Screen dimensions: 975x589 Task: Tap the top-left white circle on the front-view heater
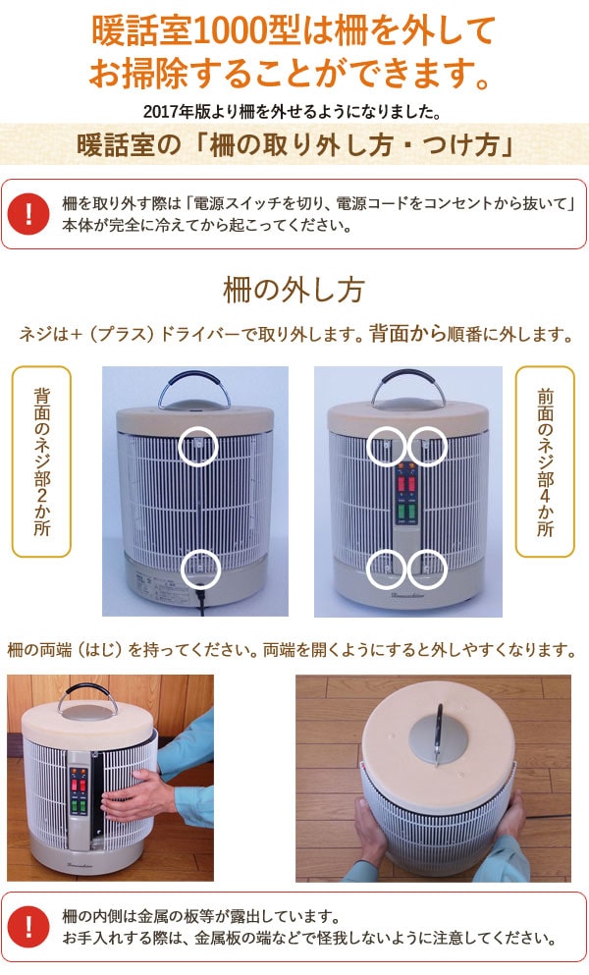[386, 447]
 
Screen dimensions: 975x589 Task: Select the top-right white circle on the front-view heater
[427, 447]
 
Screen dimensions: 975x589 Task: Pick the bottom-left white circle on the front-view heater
[386, 567]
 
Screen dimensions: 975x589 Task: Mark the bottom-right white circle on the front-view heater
[427, 567]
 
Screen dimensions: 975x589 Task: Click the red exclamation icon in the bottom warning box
[34, 927]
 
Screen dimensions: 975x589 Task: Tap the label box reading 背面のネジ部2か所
[41, 461]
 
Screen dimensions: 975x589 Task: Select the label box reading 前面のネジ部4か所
[546, 461]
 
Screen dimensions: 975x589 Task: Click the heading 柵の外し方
[294, 291]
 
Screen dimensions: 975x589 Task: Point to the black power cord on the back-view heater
[202, 601]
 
